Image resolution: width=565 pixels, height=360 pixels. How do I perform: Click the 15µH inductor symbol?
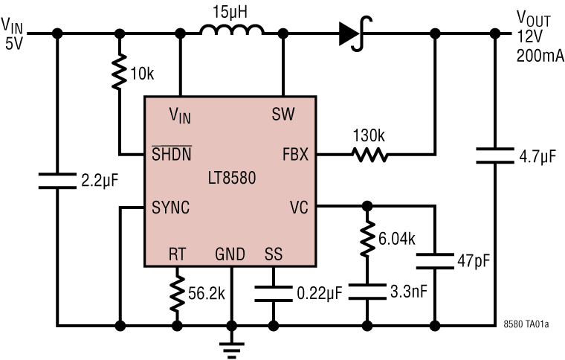click(231, 30)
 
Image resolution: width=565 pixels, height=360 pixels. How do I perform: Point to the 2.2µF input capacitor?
click(57, 179)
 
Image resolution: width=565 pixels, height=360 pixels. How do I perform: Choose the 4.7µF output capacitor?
click(494, 155)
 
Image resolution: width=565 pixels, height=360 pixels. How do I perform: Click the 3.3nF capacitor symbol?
click(366, 289)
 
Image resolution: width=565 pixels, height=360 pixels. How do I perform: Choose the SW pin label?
click(283, 114)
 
